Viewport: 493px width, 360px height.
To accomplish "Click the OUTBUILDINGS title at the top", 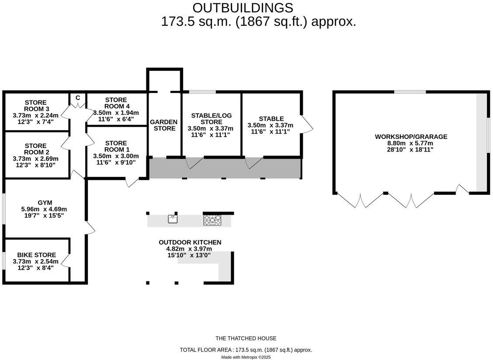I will [x=243, y=7].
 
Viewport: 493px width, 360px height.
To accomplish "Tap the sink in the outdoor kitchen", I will [x=173, y=219].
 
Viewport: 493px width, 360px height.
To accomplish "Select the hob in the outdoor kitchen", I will [x=213, y=220].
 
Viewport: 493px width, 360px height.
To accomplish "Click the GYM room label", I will [x=45, y=203].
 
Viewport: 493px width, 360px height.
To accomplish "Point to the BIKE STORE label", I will [x=36, y=255].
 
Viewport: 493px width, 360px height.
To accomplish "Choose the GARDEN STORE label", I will [x=164, y=125].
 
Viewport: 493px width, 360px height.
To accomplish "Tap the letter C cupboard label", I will [x=78, y=98].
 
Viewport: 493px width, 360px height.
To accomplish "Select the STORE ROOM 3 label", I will [x=36, y=106].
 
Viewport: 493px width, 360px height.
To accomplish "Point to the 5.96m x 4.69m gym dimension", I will [x=45, y=209].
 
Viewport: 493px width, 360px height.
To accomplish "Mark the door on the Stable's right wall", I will [x=307, y=124].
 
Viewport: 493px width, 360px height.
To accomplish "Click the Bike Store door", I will [x=66, y=261].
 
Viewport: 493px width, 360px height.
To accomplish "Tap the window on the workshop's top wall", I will [x=410, y=92].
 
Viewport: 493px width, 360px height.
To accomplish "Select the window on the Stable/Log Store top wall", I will [x=202, y=92].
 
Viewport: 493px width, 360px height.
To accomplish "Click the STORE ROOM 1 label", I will [x=116, y=146].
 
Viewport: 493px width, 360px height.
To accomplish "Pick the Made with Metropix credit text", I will [x=246, y=357].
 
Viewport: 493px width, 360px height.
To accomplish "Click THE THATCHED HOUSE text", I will [x=246, y=338].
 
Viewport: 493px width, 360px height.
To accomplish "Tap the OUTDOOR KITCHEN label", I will [x=190, y=242].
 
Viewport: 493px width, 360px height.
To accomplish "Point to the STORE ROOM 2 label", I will [x=36, y=149].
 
